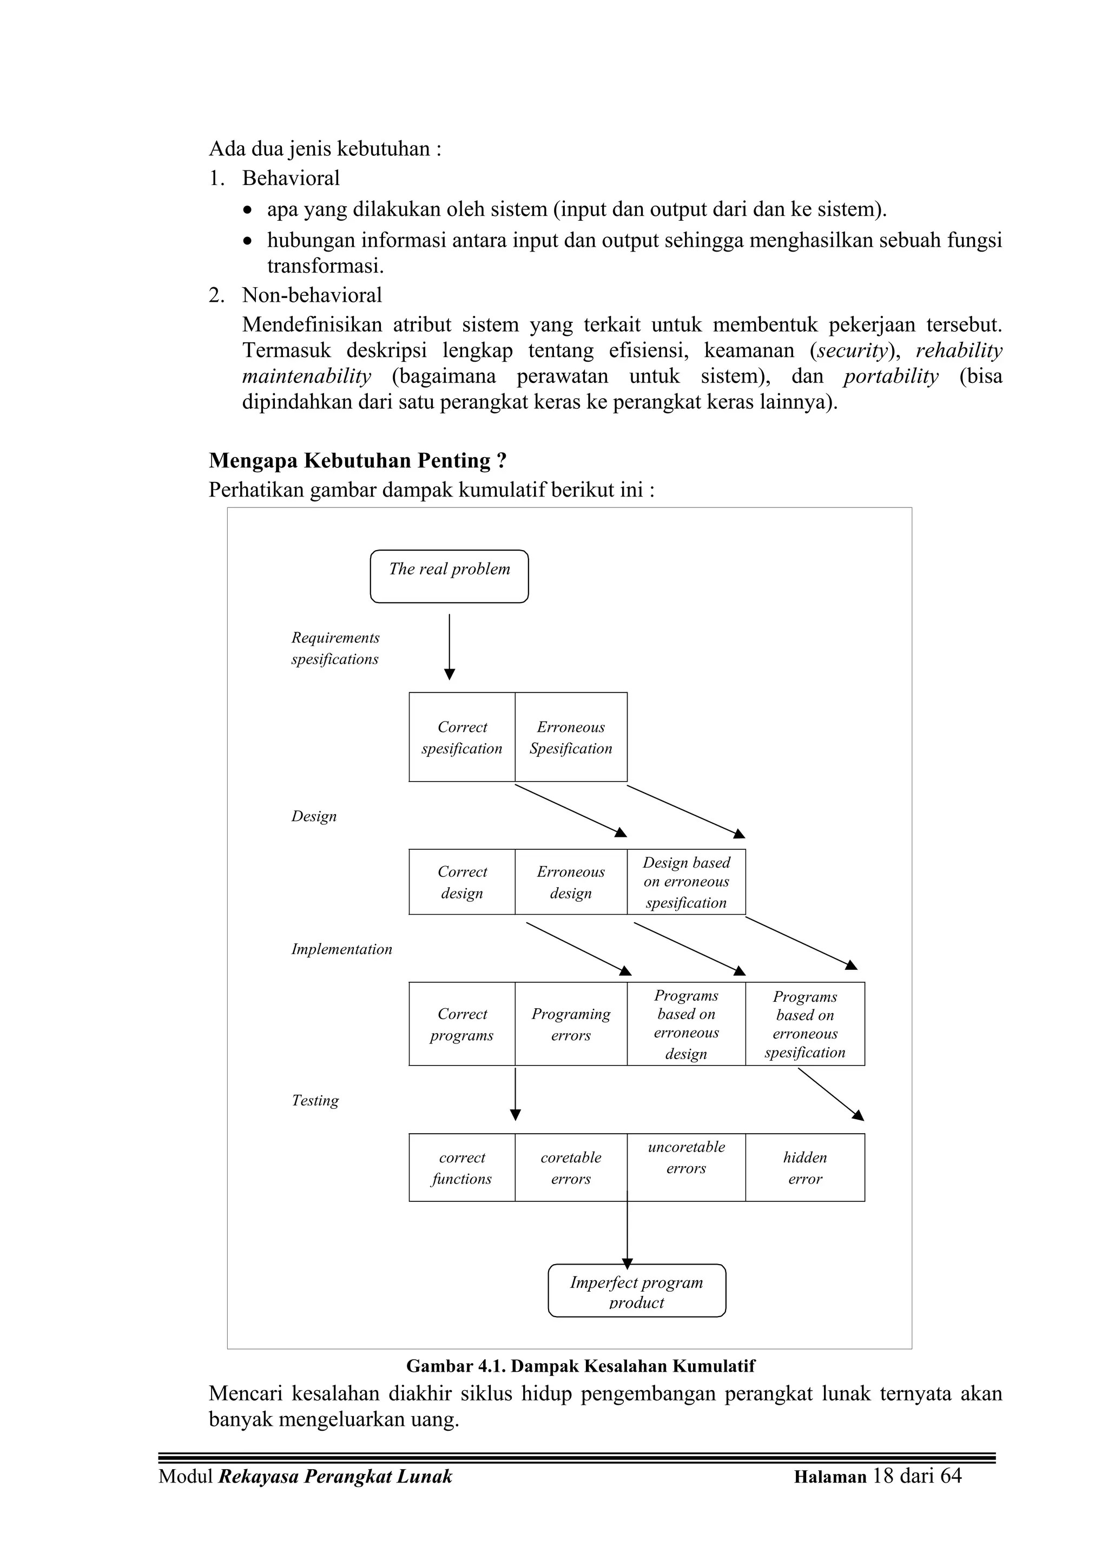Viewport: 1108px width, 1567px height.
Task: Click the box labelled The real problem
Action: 449,576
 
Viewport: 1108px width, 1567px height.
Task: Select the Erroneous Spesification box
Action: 571,737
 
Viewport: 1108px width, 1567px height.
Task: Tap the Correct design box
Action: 462,882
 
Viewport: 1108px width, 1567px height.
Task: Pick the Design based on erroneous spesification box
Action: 686,882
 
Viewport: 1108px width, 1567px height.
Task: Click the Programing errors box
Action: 571,1024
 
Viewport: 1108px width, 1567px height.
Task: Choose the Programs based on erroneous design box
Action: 686,1024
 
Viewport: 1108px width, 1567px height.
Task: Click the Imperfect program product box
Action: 636,1291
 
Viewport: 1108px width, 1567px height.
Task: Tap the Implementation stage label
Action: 341,949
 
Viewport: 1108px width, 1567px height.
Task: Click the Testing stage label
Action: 315,1100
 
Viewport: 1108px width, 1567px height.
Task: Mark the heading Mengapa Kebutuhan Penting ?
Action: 358,461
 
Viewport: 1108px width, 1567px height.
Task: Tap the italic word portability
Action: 890,376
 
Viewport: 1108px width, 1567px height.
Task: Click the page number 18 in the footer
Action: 883,1476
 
